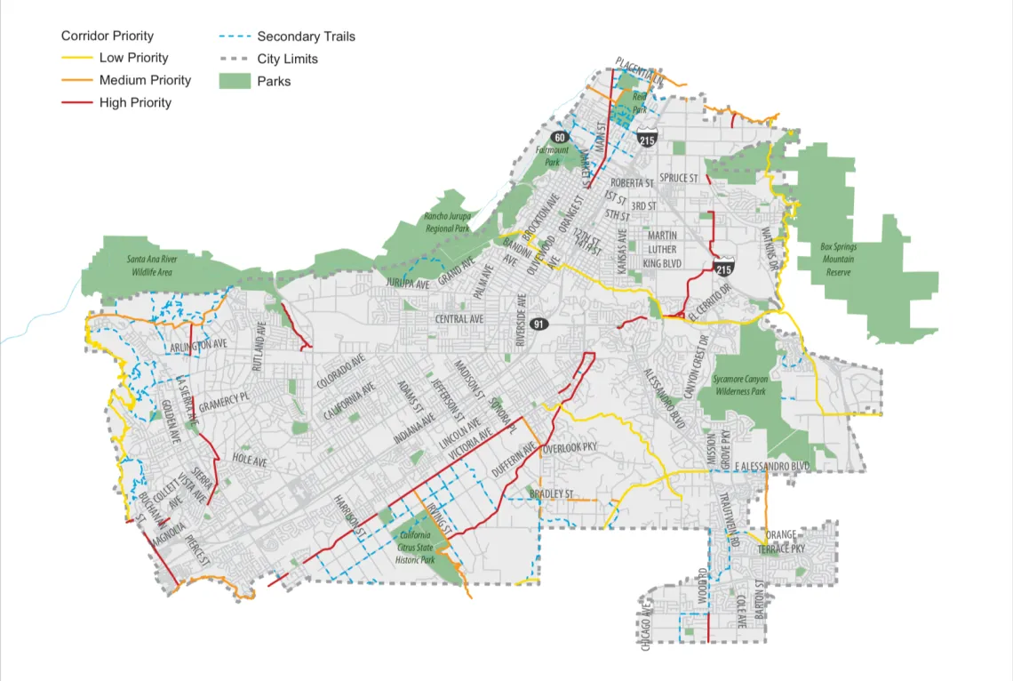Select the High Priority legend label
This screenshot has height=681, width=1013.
pos(135,102)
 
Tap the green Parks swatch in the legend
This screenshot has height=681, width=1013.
pos(235,81)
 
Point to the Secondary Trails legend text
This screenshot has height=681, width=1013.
pos(306,36)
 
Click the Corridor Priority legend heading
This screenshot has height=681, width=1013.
pos(108,36)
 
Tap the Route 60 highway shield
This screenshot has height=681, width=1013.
pos(558,138)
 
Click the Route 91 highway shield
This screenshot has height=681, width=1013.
pos(538,324)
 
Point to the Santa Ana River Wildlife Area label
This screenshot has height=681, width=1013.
pos(150,265)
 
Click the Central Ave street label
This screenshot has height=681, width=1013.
pos(459,319)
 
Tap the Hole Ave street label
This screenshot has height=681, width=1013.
pos(250,460)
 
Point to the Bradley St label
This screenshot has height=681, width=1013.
pos(552,493)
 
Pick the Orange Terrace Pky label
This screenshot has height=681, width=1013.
pos(779,542)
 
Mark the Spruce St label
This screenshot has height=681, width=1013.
pos(679,179)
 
